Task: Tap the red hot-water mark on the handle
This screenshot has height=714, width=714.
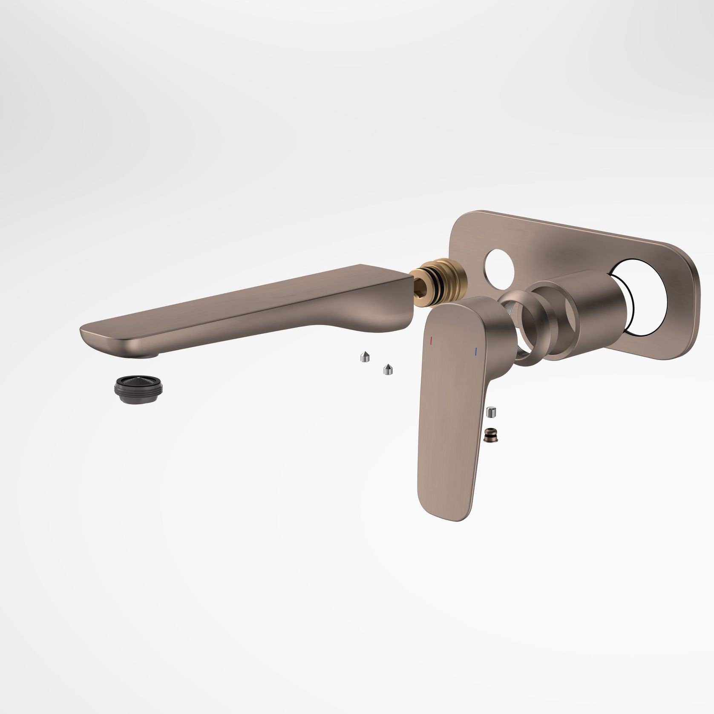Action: (431, 341)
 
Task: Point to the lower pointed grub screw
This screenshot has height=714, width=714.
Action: (388, 369)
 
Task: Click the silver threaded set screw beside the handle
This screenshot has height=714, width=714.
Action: (492, 413)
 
